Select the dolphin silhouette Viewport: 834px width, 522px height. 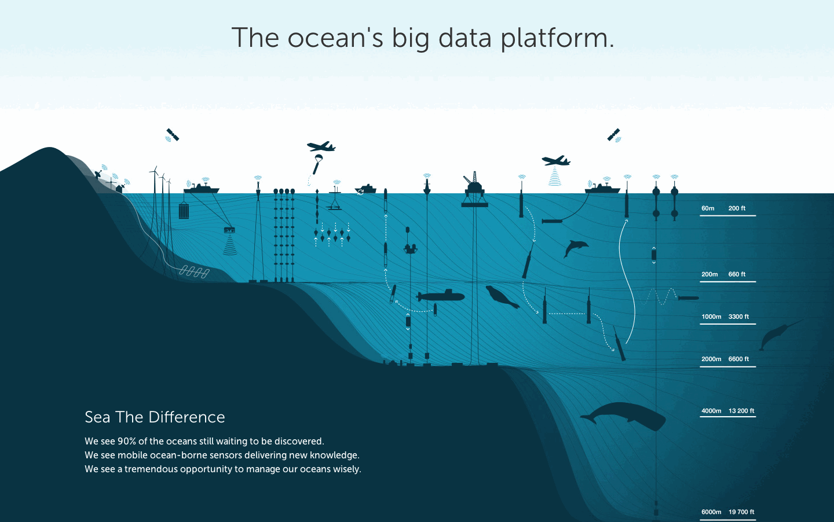pos(575,248)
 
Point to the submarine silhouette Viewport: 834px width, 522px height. pos(441,296)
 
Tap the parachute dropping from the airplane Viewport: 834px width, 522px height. pos(317,164)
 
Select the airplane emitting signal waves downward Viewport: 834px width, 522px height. pos(556,161)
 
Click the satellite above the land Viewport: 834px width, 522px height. pos(172,135)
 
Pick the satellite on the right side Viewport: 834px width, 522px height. pos(614,135)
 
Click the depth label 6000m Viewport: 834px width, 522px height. pos(711,512)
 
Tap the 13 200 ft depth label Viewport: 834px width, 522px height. pos(741,411)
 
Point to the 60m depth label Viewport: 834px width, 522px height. pos(708,208)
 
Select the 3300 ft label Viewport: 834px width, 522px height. pos(738,317)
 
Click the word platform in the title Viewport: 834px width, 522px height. pos(557,39)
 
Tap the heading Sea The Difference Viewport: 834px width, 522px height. pos(155,417)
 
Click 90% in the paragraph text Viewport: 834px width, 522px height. pos(127,441)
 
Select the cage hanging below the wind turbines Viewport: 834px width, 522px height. pos(184,210)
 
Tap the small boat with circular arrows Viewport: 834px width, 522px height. pos(365,189)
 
